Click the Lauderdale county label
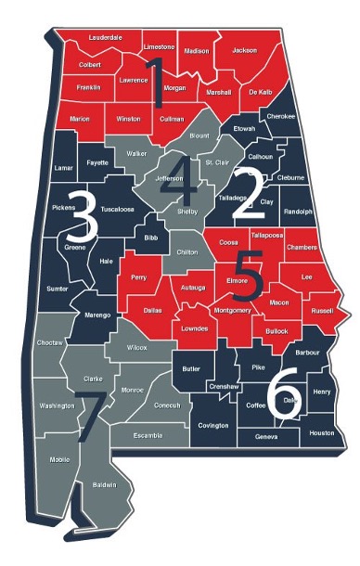[x=105, y=37]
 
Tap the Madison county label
[x=197, y=52]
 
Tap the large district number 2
[x=248, y=193]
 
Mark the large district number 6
[x=283, y=394]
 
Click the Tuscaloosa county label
[x=118, y=210]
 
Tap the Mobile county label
[x=59, y=459]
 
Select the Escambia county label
[x=148, y=434]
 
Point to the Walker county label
[x=136, y=153]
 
